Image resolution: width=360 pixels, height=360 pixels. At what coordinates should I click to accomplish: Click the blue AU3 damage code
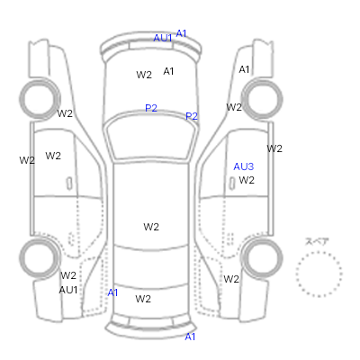point(243,166)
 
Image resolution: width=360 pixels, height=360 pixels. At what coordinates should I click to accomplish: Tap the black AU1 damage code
point(68,290)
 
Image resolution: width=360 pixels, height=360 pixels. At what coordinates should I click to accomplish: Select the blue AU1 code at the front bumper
point(163,38)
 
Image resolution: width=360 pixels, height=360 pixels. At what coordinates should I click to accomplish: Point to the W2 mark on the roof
point(151,227)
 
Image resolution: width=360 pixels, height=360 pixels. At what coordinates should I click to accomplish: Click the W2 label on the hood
point(144,75)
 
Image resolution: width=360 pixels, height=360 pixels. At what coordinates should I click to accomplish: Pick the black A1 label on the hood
point(168,71)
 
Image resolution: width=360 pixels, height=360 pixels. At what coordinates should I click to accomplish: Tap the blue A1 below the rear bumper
point(190,337)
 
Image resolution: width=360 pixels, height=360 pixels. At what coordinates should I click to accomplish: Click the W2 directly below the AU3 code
point(247,180)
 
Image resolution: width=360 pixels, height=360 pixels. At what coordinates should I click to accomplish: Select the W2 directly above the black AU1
point(68,275)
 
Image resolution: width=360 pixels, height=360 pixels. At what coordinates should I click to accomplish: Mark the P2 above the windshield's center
point(151,108)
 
